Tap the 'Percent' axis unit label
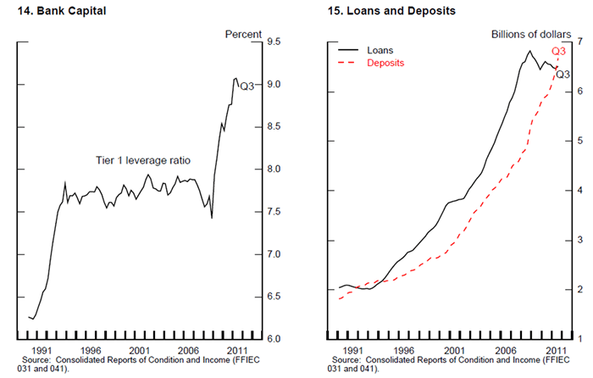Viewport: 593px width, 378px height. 243,35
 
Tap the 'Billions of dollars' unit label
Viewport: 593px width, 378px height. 532,35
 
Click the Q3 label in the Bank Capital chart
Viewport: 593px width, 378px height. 247,86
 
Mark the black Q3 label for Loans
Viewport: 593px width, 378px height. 563,75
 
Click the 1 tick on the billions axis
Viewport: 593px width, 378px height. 580,339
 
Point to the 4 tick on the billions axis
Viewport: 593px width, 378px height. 580,191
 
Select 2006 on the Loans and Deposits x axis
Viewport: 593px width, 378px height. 506,349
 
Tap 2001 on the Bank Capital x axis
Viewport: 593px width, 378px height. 140,349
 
